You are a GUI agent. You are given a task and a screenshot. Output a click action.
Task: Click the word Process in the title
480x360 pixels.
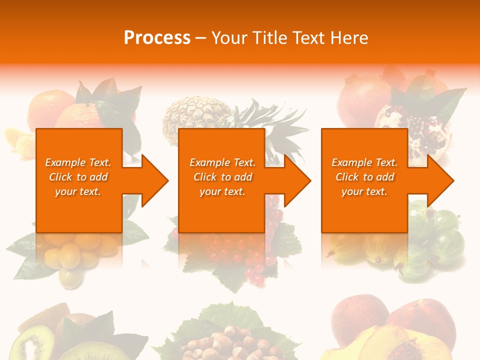(x=157, y=38)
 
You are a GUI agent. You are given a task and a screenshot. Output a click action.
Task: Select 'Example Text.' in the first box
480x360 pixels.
(x=78, y=162)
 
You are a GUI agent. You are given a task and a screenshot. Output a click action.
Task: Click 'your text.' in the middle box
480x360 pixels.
(x=222, y=191)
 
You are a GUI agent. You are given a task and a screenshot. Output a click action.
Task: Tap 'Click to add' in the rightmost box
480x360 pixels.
(x=364, y=177)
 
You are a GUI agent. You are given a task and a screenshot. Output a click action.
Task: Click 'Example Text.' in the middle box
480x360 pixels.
(x=222, y=162)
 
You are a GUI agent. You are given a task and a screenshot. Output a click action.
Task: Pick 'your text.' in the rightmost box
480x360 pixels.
(x=364, y=191)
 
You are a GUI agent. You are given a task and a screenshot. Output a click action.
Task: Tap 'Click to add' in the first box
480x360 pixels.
(x=78, y=177)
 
